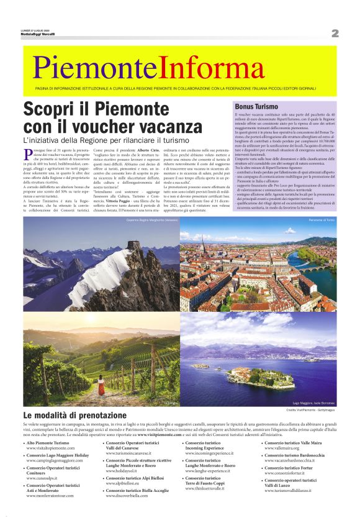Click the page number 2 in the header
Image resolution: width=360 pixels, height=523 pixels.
click(x=335, y=33)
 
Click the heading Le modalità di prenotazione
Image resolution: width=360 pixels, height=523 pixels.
click(x=74, y=414)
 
